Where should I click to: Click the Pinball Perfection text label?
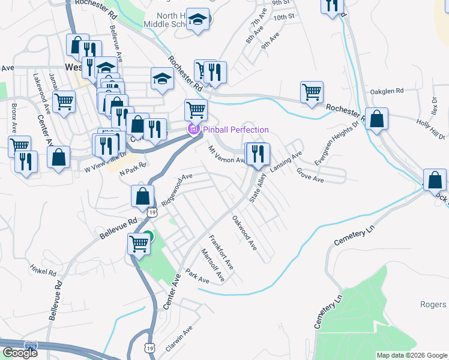pos(235,130)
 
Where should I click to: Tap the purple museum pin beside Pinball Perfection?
pos(194,129)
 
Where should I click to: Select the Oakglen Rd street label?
pos(387,91)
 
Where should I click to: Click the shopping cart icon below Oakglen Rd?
pos(312,92)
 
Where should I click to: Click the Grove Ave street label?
pos(310,176)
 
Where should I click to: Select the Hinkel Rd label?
pos(43,271)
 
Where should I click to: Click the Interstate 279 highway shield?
pos(31,346)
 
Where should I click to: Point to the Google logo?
pos(19,353)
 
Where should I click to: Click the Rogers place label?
pos(433,304)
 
